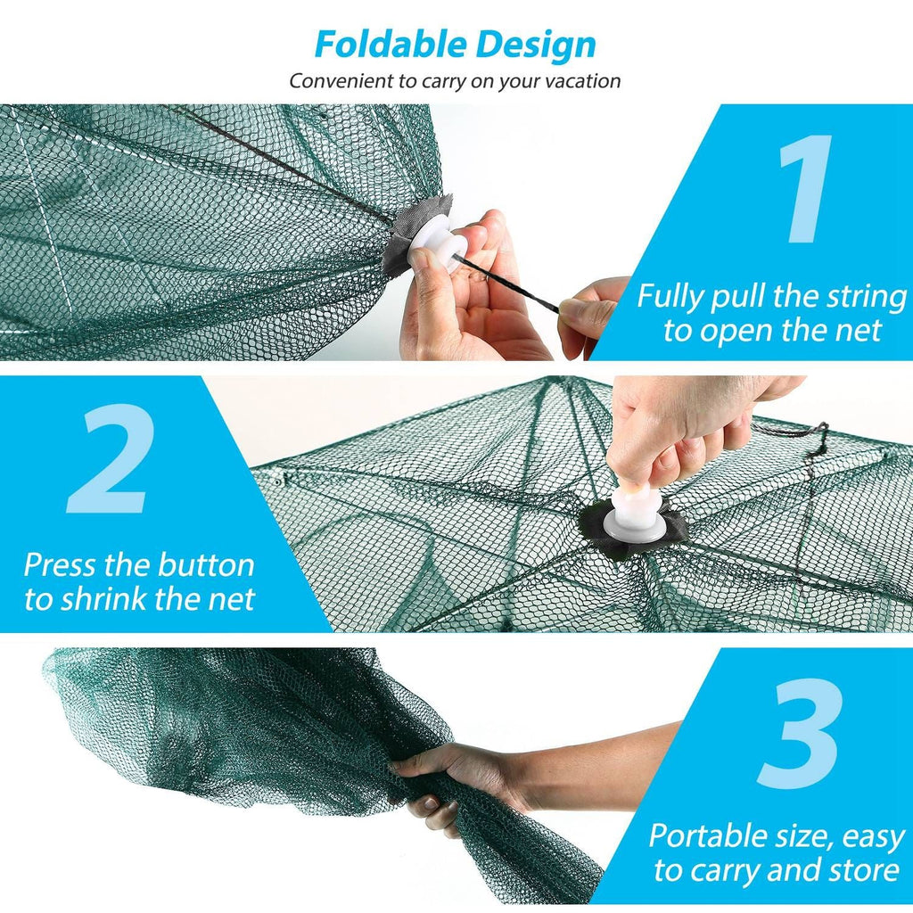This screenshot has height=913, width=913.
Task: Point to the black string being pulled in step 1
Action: pos(508,284)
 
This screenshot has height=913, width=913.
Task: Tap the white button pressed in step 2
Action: pos(639,512)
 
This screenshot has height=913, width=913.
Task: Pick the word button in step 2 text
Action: pos(206,565)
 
